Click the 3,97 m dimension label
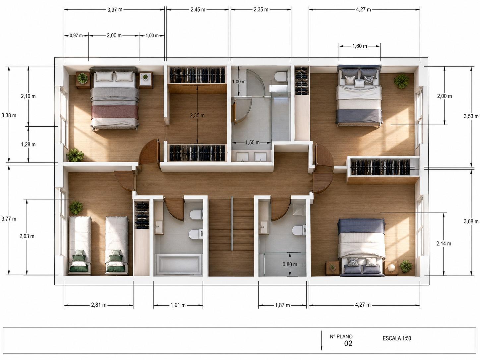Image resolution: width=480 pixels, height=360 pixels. [115, 10]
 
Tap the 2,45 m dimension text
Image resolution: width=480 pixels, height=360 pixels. [198, 10]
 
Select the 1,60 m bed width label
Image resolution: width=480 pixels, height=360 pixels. [360, 46]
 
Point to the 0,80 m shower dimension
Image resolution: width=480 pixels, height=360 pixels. [290, 265]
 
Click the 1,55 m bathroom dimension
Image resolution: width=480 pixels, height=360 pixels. [252, 143]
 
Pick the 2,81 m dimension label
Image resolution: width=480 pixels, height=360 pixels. [99, 305]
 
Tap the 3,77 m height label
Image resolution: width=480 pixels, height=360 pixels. [9, 219]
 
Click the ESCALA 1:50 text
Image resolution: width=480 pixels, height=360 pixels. [397, 338]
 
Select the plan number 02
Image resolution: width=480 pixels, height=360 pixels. [348, 344]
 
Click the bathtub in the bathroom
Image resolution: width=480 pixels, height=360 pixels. [179, 264]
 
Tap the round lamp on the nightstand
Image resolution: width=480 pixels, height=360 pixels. [391, 267]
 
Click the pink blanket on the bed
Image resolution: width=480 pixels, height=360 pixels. [115, 113]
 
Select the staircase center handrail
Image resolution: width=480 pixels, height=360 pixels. [232, 223]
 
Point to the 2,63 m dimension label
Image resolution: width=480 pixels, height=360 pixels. [27, 236]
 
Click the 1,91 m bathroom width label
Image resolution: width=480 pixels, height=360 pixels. [178, 305]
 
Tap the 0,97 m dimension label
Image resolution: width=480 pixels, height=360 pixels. [76, 35]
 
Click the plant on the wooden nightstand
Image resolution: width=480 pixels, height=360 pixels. [83, 78]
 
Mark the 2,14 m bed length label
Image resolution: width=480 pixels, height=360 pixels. [444, 244]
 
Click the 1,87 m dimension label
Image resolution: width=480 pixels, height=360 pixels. [282, 305]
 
